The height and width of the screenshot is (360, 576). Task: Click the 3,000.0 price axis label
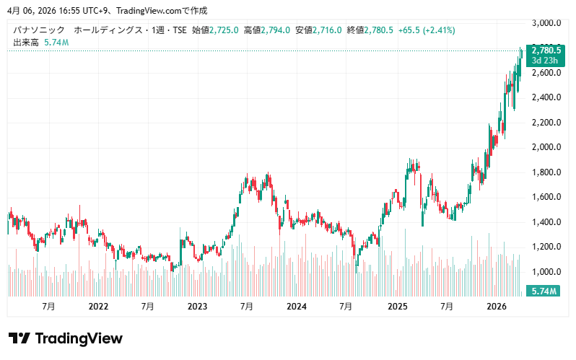coord(546,23)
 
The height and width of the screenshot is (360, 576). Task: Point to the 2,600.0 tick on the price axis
coord(546,73)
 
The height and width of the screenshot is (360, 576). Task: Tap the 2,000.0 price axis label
coord(546,147)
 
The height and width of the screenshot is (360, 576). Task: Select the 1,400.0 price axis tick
coord(546,222)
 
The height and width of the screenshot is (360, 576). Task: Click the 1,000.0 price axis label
coord(546,272)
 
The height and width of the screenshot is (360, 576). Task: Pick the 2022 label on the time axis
coord(98,307)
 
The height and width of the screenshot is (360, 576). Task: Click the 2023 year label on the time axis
coord(197,307)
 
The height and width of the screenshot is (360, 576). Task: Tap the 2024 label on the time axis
coord(297,307)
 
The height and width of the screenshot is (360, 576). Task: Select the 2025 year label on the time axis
coord(397,307)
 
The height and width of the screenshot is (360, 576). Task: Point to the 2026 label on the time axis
coord(496,307)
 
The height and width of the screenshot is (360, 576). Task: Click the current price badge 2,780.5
coord(546,51)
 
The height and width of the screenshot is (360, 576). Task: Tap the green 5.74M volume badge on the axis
coord(542,291)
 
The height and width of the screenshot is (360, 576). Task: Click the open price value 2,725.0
coord(224,30)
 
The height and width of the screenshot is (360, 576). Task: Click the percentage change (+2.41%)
coord(439,30)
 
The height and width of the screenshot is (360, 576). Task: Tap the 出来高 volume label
coord(25,43)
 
